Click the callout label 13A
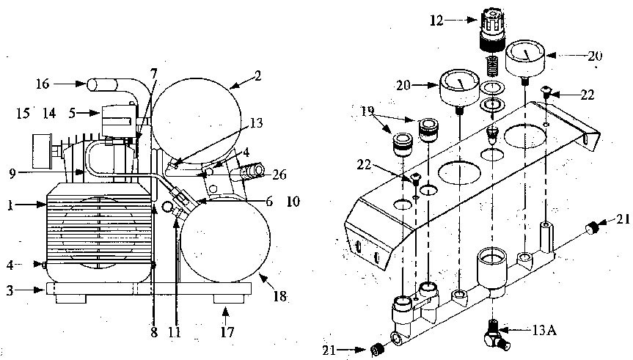544,331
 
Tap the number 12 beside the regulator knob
436,21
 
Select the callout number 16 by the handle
43,84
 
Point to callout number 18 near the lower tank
279,297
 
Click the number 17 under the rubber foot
227,332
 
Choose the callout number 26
279,175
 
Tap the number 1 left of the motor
10,205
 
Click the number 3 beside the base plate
10,290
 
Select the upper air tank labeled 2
196,121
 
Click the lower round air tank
225,240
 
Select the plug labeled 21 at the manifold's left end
376,350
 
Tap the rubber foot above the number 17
229,299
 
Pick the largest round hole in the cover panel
459,173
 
